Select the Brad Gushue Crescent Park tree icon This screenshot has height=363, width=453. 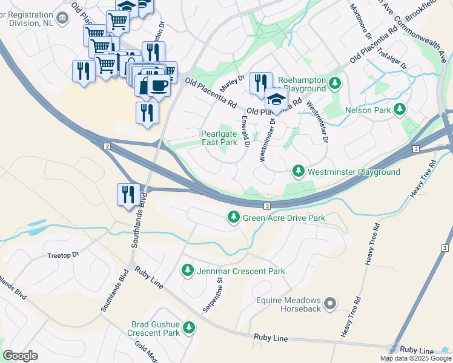pyautogui.click(x=190, y=328)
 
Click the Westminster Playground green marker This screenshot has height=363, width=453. pyautogui.click(x=298, y=172)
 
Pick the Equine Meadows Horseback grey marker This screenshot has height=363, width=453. pyautogui.click(x=330, y=303)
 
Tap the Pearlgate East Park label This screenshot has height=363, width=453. pyautogui.click(x=219, y=138)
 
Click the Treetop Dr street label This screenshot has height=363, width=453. pyautogui.click(x=63, y=255)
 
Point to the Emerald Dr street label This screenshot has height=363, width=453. pyautogui.click(x=245, y=131)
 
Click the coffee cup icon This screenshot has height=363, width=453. pyautogui.click(x=158, y=85)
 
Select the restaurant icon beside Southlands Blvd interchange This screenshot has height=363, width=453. pyautogui.click(x=128, y=194)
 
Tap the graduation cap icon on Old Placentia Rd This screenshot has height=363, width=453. pyautogui.click(x=276, y=99)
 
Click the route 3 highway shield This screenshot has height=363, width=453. pyautogui.click(x=445, y=248)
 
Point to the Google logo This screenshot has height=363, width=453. pyautogui.click(x=20, y=356)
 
